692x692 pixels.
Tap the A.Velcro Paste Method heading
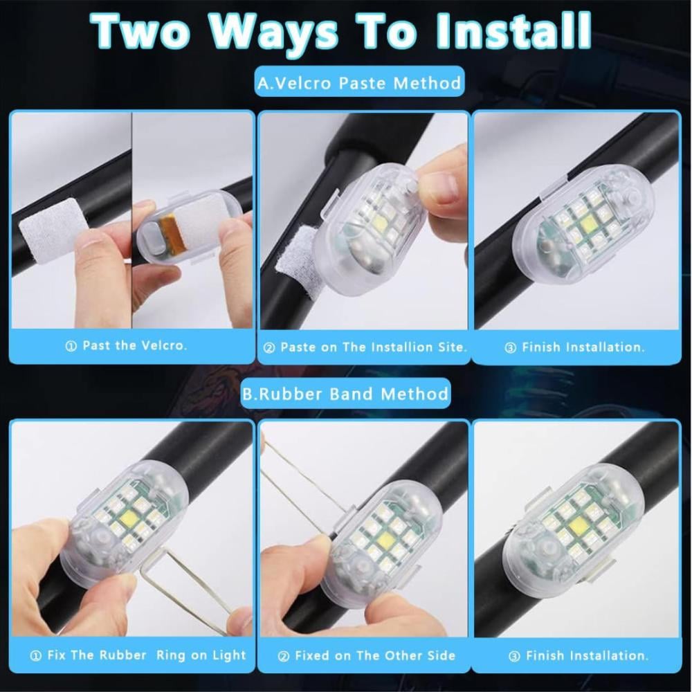point(359,82)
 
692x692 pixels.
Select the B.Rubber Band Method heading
point(346,393)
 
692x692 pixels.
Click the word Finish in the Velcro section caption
point(542,347)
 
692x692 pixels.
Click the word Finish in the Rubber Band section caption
point(546,655)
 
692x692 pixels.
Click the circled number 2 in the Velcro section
point(268,348)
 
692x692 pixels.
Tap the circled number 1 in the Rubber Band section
point(36,656)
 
